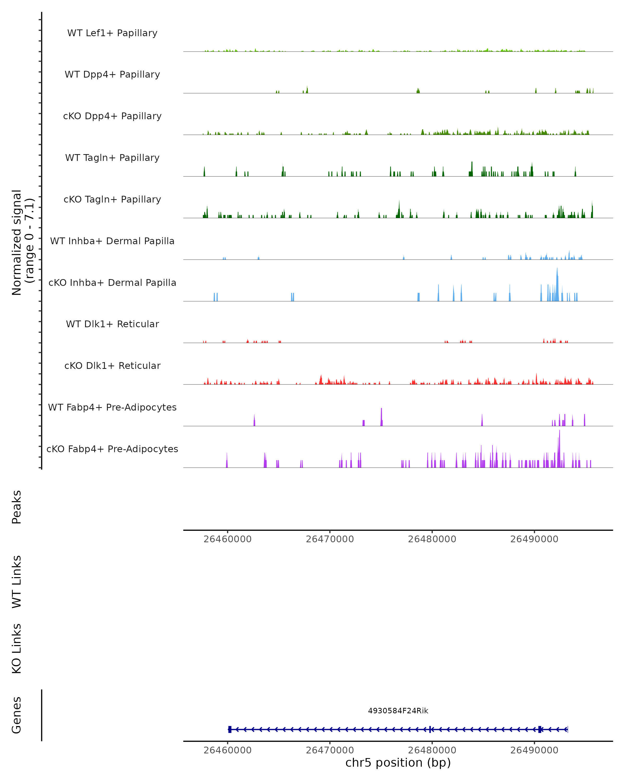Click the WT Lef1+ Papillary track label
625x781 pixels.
coord(112,33)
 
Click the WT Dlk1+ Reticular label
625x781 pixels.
coord(112,324)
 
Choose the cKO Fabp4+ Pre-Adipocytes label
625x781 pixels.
coord(112,449)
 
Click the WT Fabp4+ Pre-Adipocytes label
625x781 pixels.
coord(112,407)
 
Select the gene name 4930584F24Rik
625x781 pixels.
coord(398,711)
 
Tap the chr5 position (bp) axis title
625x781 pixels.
coord(398,763)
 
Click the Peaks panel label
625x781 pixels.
coord(17,507)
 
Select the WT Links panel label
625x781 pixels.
coord(17,581)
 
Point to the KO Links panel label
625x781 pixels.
coord(17,648)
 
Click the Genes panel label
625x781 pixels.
coord(17,715)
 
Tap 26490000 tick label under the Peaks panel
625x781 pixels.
coord(534,539)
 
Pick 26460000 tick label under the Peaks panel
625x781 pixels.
coord(228,539)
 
